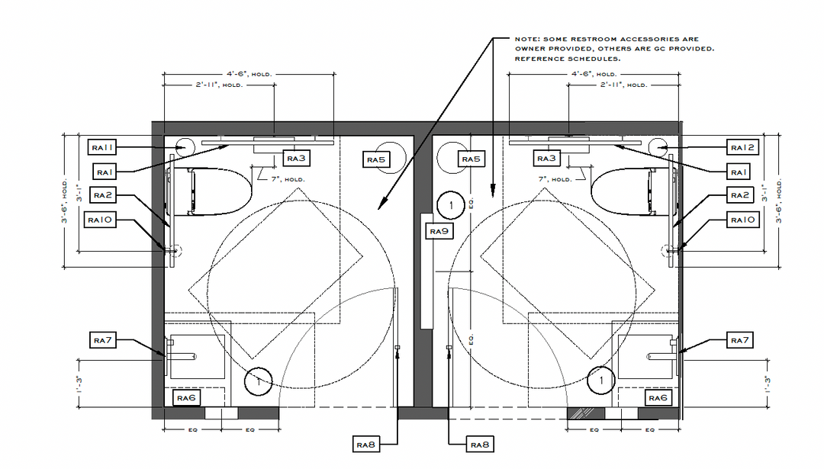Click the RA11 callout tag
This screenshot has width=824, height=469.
tap(102, 147)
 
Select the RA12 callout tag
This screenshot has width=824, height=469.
tap(742, 148)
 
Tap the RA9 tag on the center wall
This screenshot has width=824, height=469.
tap(439, 231)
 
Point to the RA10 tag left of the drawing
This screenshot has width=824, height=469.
tap(100, 220)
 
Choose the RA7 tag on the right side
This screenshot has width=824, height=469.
tap(739, 340)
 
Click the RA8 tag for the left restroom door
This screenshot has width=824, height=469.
tap(365, 445)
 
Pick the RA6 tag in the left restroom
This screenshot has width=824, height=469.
tap(186, 397)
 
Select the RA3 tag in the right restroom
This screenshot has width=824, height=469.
tap(546, 158)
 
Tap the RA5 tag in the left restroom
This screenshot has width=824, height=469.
tap(376, 159)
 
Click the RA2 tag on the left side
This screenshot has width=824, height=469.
tap(102, 195)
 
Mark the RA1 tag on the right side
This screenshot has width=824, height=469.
tap(739, 172)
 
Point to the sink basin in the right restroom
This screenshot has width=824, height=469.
tap(646, 357)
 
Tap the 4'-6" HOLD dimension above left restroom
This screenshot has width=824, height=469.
tap(249, 74)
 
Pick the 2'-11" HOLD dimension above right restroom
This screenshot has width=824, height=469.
tap(624, 85)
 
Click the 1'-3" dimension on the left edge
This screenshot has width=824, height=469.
tap(79, 384)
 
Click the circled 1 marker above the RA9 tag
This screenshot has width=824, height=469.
tap(451, 205)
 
